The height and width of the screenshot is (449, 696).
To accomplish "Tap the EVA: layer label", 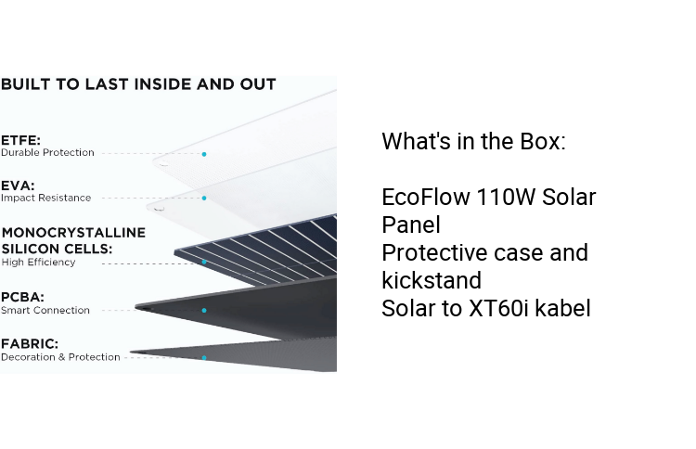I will point(17,185).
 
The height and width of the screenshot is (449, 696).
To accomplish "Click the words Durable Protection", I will point(47,152).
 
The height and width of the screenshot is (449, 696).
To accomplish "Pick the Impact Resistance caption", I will point(45,198).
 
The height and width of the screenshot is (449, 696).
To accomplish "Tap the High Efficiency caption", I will point(38,263).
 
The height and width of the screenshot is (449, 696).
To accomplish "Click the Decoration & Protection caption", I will point(60,357).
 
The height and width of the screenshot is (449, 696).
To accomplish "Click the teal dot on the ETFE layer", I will point(204,154).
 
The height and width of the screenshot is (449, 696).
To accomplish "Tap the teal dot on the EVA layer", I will point(204,198).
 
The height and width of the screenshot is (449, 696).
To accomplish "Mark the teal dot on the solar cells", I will point(204,263).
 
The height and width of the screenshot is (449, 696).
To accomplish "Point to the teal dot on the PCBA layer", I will point(204,311).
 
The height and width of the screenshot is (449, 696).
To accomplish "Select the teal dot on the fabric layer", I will point(204,357).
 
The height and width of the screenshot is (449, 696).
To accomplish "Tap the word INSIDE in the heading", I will point(172,84).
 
